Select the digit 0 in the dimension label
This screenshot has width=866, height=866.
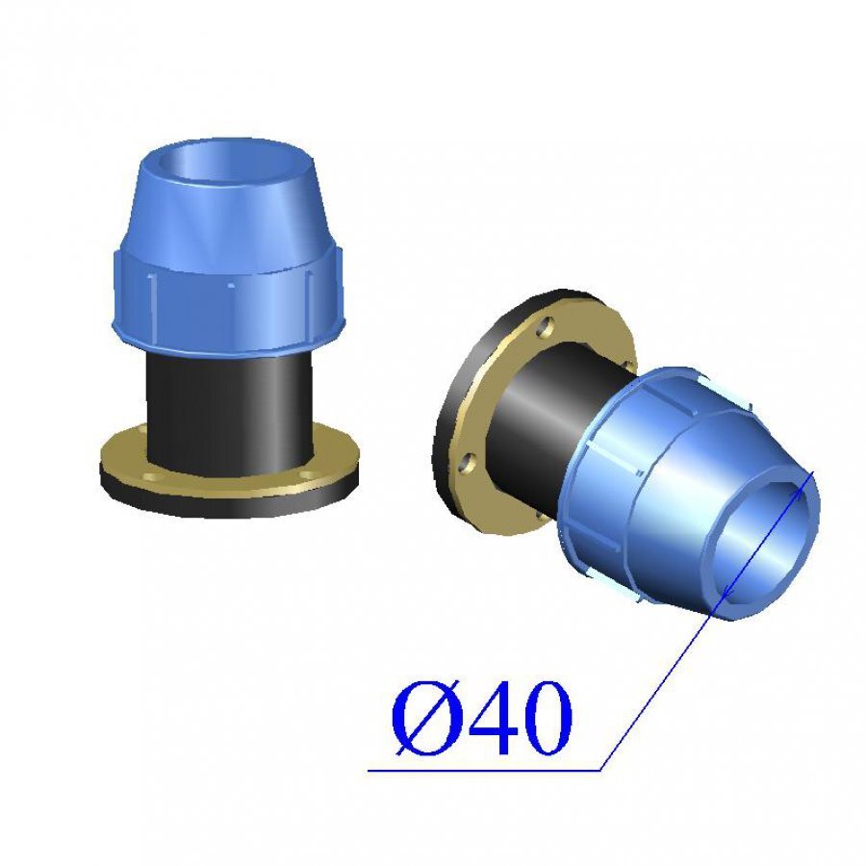(545, 718)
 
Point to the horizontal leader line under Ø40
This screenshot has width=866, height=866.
(484, 770)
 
